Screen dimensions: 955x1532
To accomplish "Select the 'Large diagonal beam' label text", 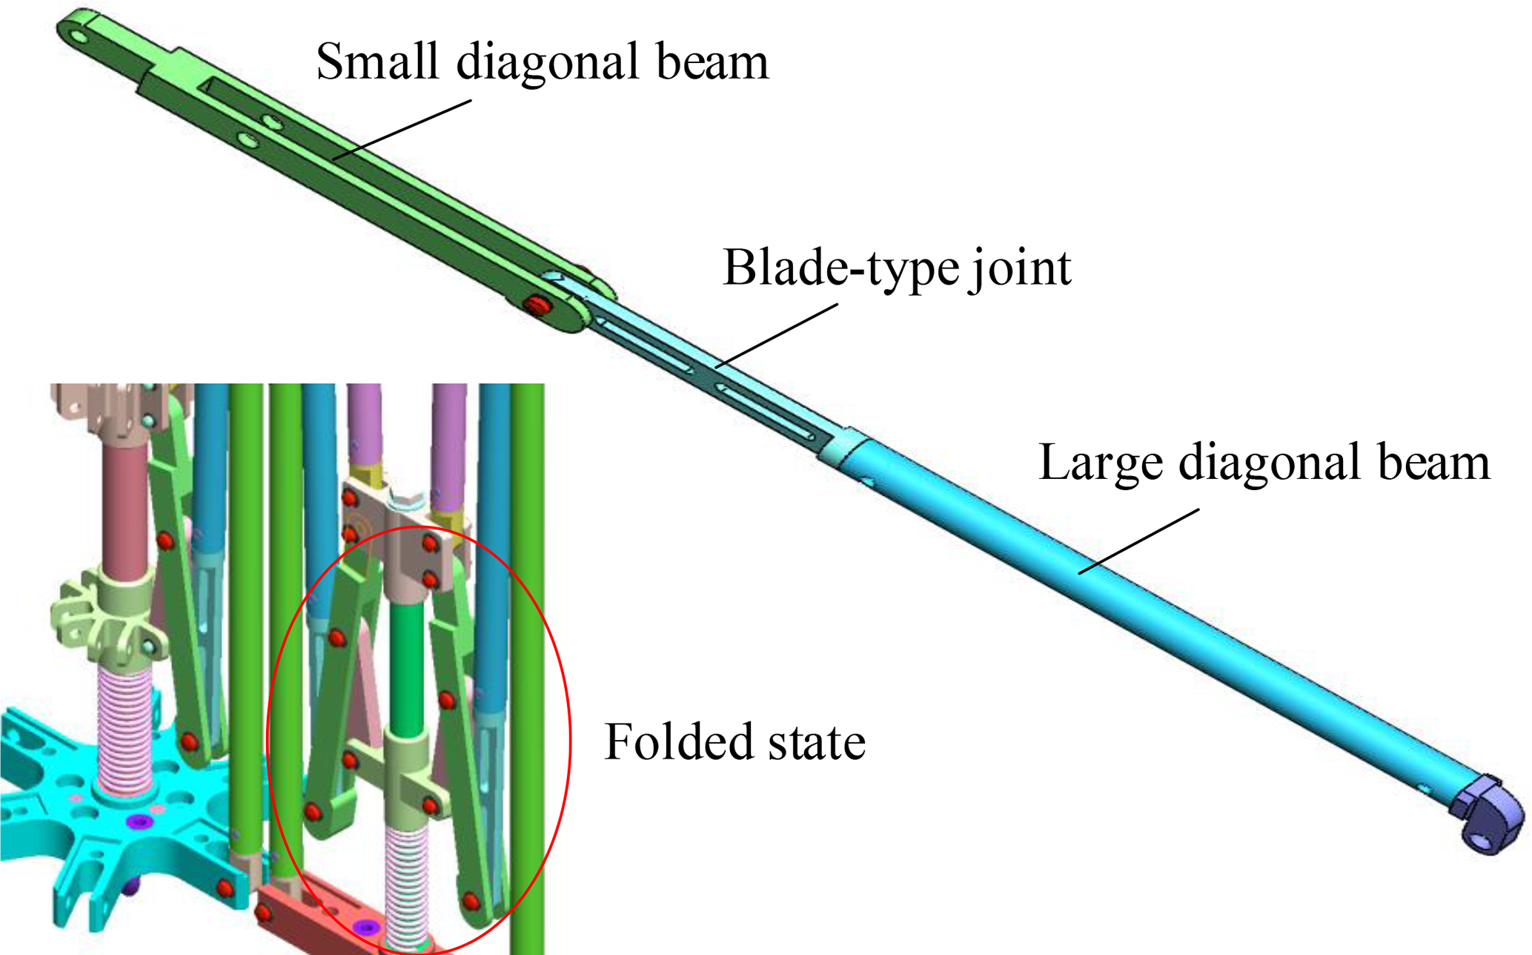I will [x=1264, y=462].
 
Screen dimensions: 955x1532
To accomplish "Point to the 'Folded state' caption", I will [x=735, y=741].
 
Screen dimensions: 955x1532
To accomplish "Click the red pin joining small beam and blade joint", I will [x=535, y=304].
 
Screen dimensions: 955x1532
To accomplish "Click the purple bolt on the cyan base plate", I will [x=139, y=821].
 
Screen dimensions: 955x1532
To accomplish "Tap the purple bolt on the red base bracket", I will [x=366, y=927].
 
